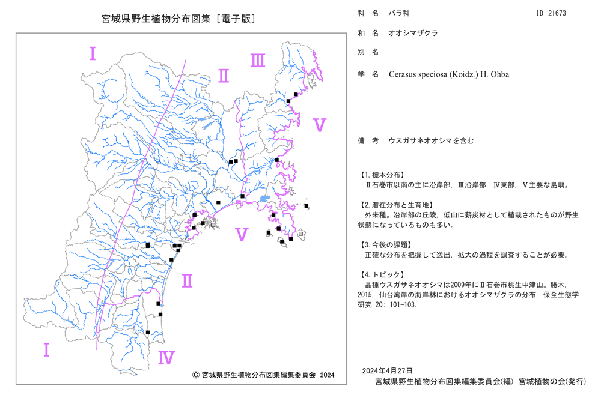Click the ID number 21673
[557, 13]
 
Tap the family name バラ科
[399, 13]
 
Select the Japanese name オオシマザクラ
[413, 33]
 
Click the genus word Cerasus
[401, 74]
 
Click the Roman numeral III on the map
[258, 61]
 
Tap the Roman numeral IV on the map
[166, 358]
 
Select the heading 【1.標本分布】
[381, 175]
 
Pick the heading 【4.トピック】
[381, 274]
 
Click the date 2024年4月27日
[387, 370]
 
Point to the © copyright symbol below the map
[195, 375]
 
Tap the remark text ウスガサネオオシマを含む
[431, 141]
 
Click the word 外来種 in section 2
[375, 215]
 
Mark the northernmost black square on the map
[296, 94]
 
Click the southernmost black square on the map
[148, 333]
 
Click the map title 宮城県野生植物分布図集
[156, 19]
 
